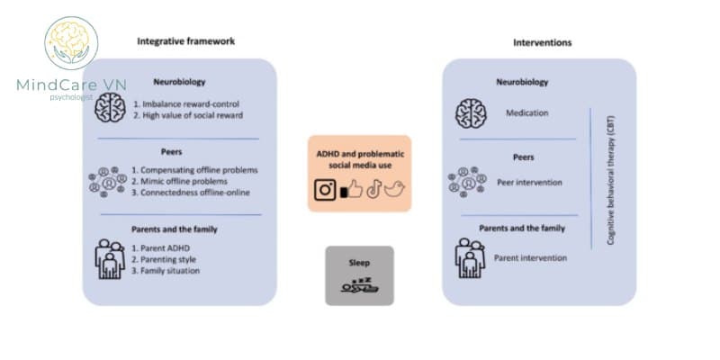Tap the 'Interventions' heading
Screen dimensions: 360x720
point(542,42)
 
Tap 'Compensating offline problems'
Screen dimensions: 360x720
point(193,169)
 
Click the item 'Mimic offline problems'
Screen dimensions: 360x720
point(179,181)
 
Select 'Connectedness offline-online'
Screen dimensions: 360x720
point(190,193)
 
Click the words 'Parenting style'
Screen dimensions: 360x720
point(166,258)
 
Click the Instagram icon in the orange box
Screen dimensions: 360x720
point(325,190)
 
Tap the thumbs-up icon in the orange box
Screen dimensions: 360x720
point(351,190)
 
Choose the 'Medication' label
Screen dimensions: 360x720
point(526,113)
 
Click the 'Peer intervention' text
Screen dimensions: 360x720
point(529,182)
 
